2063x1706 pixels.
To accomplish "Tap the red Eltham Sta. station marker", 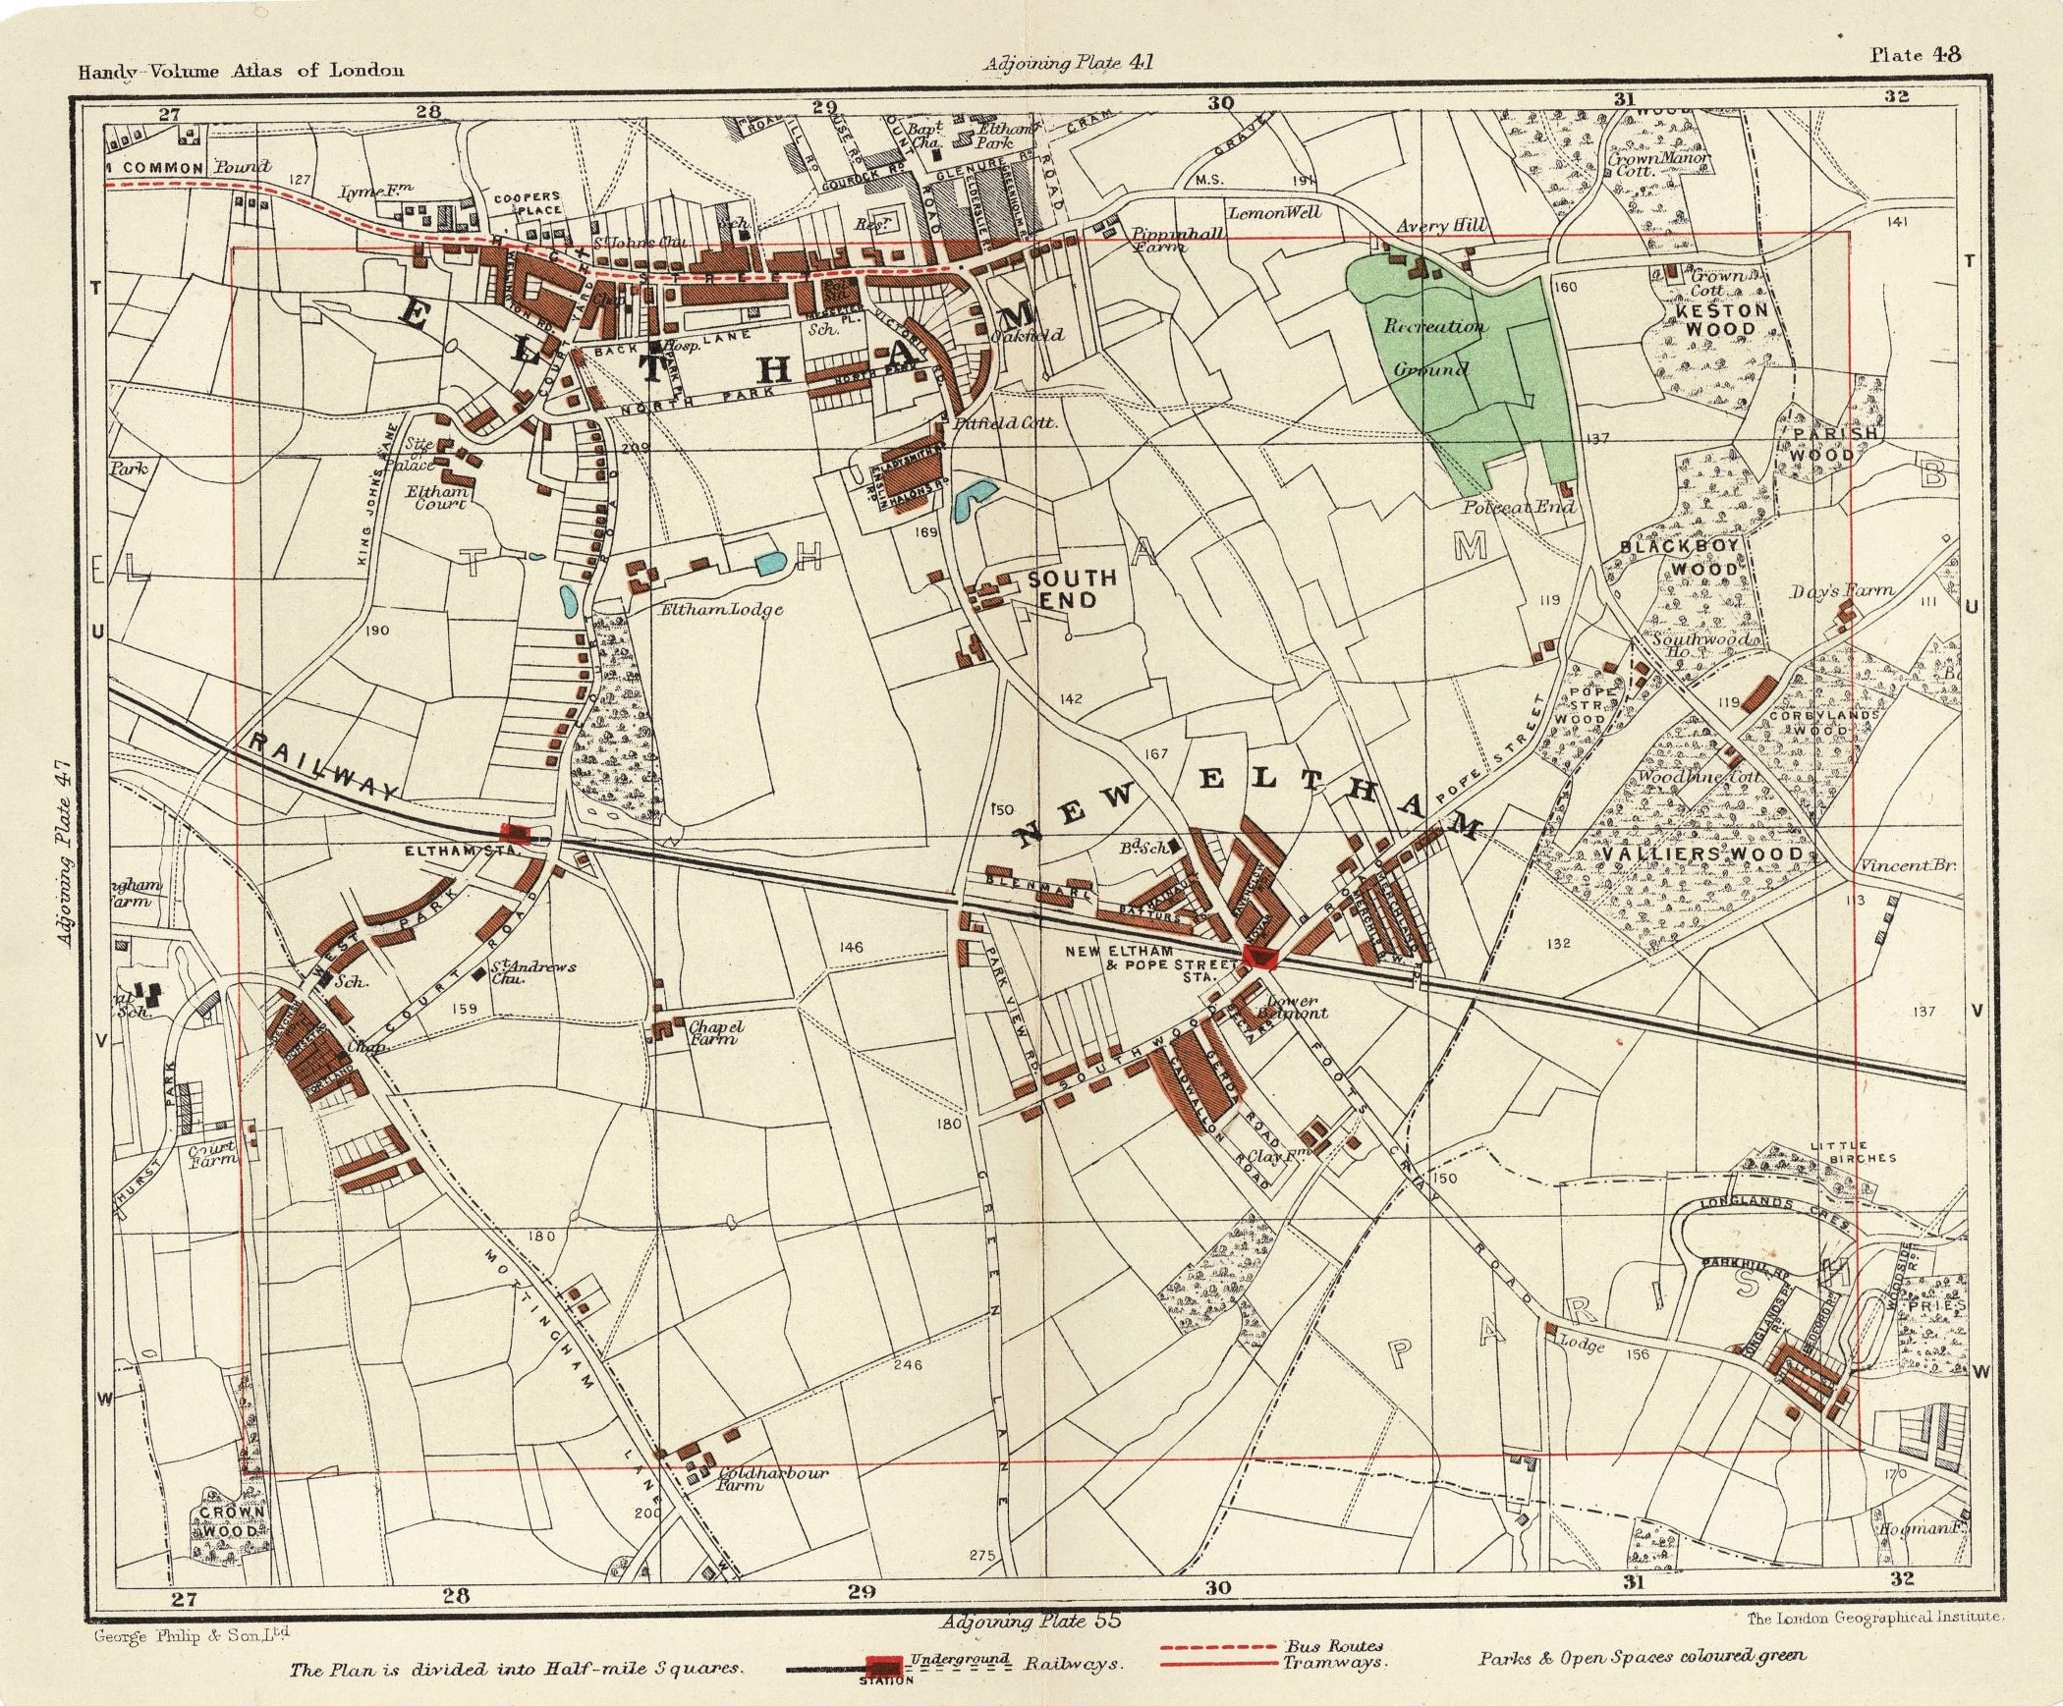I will coord(517,835).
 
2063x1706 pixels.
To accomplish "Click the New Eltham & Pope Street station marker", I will coord(1258,956).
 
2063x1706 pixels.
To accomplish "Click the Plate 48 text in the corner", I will coord(1915,55).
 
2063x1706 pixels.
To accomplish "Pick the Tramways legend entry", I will coord(1333,1663).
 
